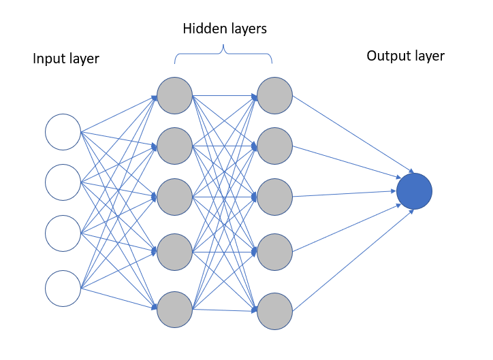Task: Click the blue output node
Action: [x=414, y=191]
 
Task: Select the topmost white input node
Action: [x=63, y=132]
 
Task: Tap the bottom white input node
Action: [x=63, y=289]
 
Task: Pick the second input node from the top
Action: [x=63, y=182]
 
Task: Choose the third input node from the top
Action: [x=63, y=233]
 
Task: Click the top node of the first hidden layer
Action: [x=175, y=95]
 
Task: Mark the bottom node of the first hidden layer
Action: [x=175, y=310]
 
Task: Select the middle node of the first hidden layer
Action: [x=175, y=197]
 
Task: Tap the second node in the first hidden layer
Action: [x=175, y=146]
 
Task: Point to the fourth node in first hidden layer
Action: [x=175, y=252]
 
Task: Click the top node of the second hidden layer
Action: [x=275, y=95]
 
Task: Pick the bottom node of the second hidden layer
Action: [x=275, y=310]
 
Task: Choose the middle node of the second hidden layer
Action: [x=275, y=197]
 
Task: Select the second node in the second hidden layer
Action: [x=275, y=146]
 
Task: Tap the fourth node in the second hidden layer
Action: [x=275, y=252]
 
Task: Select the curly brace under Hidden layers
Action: [x=223, y=55]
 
